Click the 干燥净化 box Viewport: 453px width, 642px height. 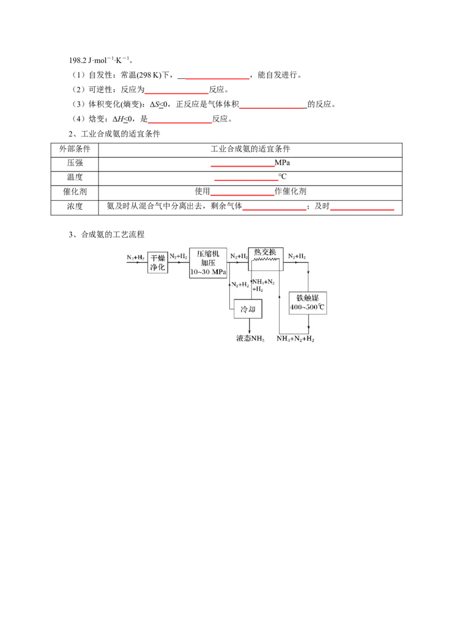158,263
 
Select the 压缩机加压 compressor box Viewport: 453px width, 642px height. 208,262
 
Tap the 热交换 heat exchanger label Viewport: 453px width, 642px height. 265,252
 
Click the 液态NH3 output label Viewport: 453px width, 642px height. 250,339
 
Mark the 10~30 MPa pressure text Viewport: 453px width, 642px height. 208,272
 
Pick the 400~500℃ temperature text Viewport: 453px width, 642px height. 308,308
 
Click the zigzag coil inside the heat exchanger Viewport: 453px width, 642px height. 266,260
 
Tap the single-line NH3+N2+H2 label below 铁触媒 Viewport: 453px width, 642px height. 296,339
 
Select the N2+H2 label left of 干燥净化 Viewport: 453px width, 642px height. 136,257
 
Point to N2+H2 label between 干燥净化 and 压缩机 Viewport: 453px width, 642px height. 178,257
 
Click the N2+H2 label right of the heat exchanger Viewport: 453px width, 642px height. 297,257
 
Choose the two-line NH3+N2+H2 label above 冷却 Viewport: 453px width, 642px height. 263,285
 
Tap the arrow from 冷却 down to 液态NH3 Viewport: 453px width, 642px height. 250,326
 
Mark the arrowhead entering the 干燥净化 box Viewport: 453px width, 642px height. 145,262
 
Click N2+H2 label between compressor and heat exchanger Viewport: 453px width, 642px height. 238,257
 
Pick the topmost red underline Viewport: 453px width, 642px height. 218,79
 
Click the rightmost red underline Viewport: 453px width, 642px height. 363,211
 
